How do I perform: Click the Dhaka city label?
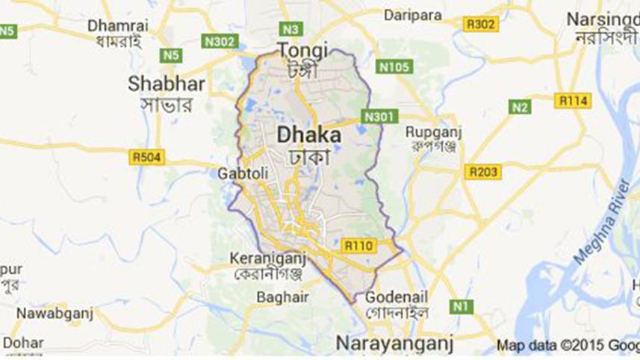click(x=309, y=136)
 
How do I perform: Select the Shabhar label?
click(x=166, y=83)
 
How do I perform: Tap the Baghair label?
click(x=278, y=297)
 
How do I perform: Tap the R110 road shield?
click(x=358, y=244)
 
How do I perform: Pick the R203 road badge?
click(x=482, y=173)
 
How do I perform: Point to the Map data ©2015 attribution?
click(x=568, y=346)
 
